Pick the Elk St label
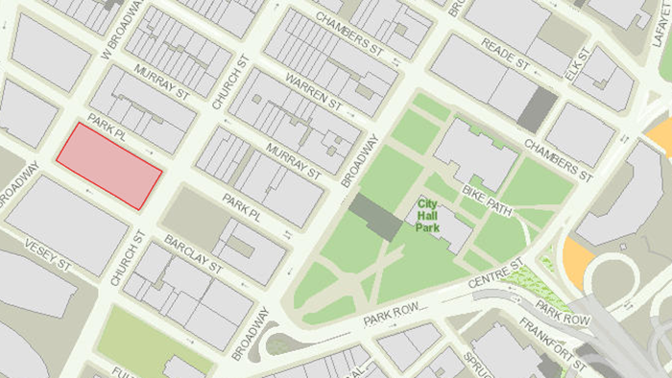573,72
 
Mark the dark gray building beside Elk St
537,109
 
